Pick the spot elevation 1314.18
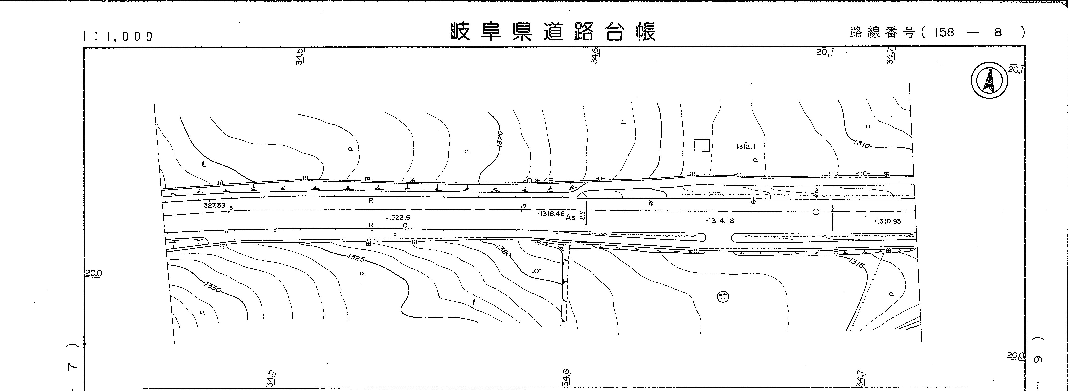point(720,221)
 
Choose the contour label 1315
point(856,263)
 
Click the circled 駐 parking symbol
point(723,297)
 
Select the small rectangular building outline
point(702,145)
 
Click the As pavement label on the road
point(570,217)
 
